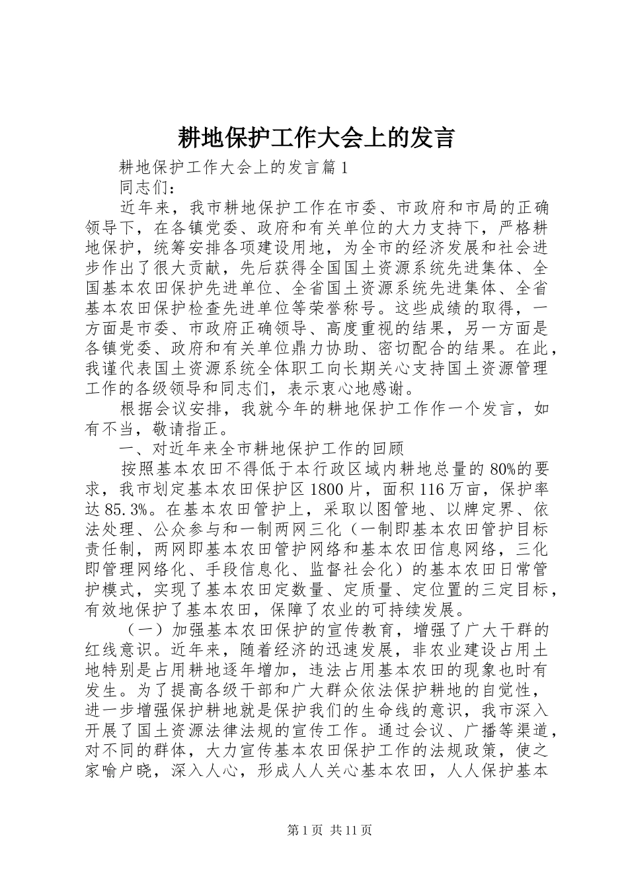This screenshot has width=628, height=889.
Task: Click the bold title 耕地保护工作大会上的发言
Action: (315, 138)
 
